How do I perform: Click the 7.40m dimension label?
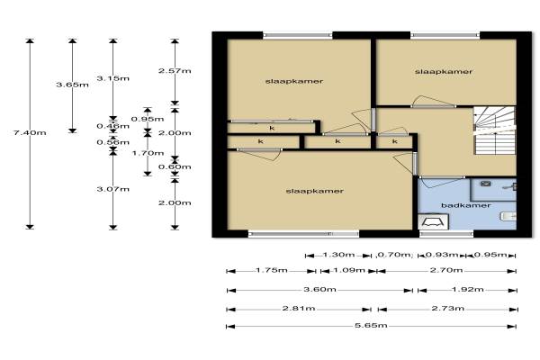tap(30, 132)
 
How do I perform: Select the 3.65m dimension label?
tap(72, 85)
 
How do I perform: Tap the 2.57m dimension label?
tap(175, 70)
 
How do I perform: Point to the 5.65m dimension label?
tap(371, 325)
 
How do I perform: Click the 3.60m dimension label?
tap(319, 289)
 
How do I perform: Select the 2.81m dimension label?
tap(299, 308)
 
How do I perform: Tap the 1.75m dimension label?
tap(272, 270)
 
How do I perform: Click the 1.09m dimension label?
tap(349, 270)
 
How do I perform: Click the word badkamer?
tap(465, 205)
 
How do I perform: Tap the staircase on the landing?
tap(494, 130)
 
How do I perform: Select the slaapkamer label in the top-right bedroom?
tap(444, 72)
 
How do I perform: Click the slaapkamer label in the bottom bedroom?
tap(315, 191)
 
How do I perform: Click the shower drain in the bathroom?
tap(486, 184)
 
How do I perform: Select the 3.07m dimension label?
tap(113, 189)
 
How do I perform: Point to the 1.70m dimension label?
tap(148, 153)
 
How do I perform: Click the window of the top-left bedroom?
tap(298, 35)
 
